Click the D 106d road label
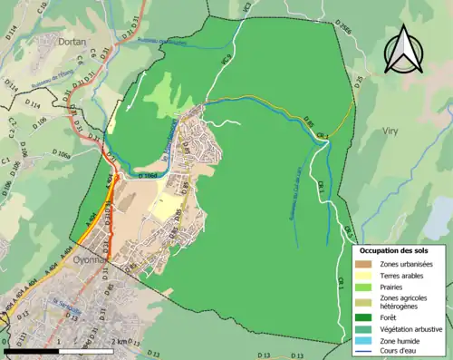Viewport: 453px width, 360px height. coord(154,174)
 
